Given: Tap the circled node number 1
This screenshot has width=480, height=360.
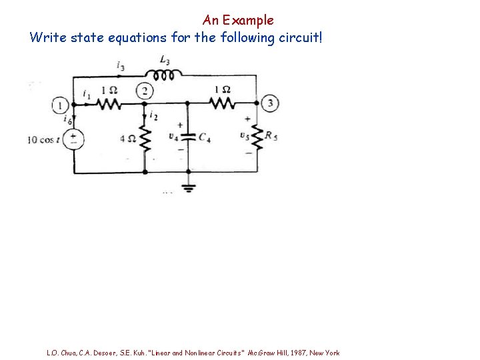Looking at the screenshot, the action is [x=61, y=105].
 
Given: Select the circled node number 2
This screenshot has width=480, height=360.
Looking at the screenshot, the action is [x=144, y=91].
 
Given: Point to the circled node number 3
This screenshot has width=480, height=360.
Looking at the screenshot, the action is [x=270, y=103].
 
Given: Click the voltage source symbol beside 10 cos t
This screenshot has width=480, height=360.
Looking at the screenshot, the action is [x=73, y=139].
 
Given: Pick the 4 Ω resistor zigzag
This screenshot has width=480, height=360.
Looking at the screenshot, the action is [x=145, y=140].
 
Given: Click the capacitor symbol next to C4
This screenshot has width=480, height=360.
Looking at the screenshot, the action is [x=187, y=137].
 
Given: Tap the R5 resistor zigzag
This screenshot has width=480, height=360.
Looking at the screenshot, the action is [x=257, y=137].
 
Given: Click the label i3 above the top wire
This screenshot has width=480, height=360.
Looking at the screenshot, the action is [x=120, y=65].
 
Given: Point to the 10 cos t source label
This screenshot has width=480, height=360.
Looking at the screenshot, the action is [x=43, y=140].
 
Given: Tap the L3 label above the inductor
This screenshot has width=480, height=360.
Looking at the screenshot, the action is [x=164, y=61].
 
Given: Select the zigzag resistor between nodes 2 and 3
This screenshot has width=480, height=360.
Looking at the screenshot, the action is [x=221, y=103].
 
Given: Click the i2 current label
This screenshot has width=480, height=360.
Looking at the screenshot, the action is [x=154, y=116].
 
